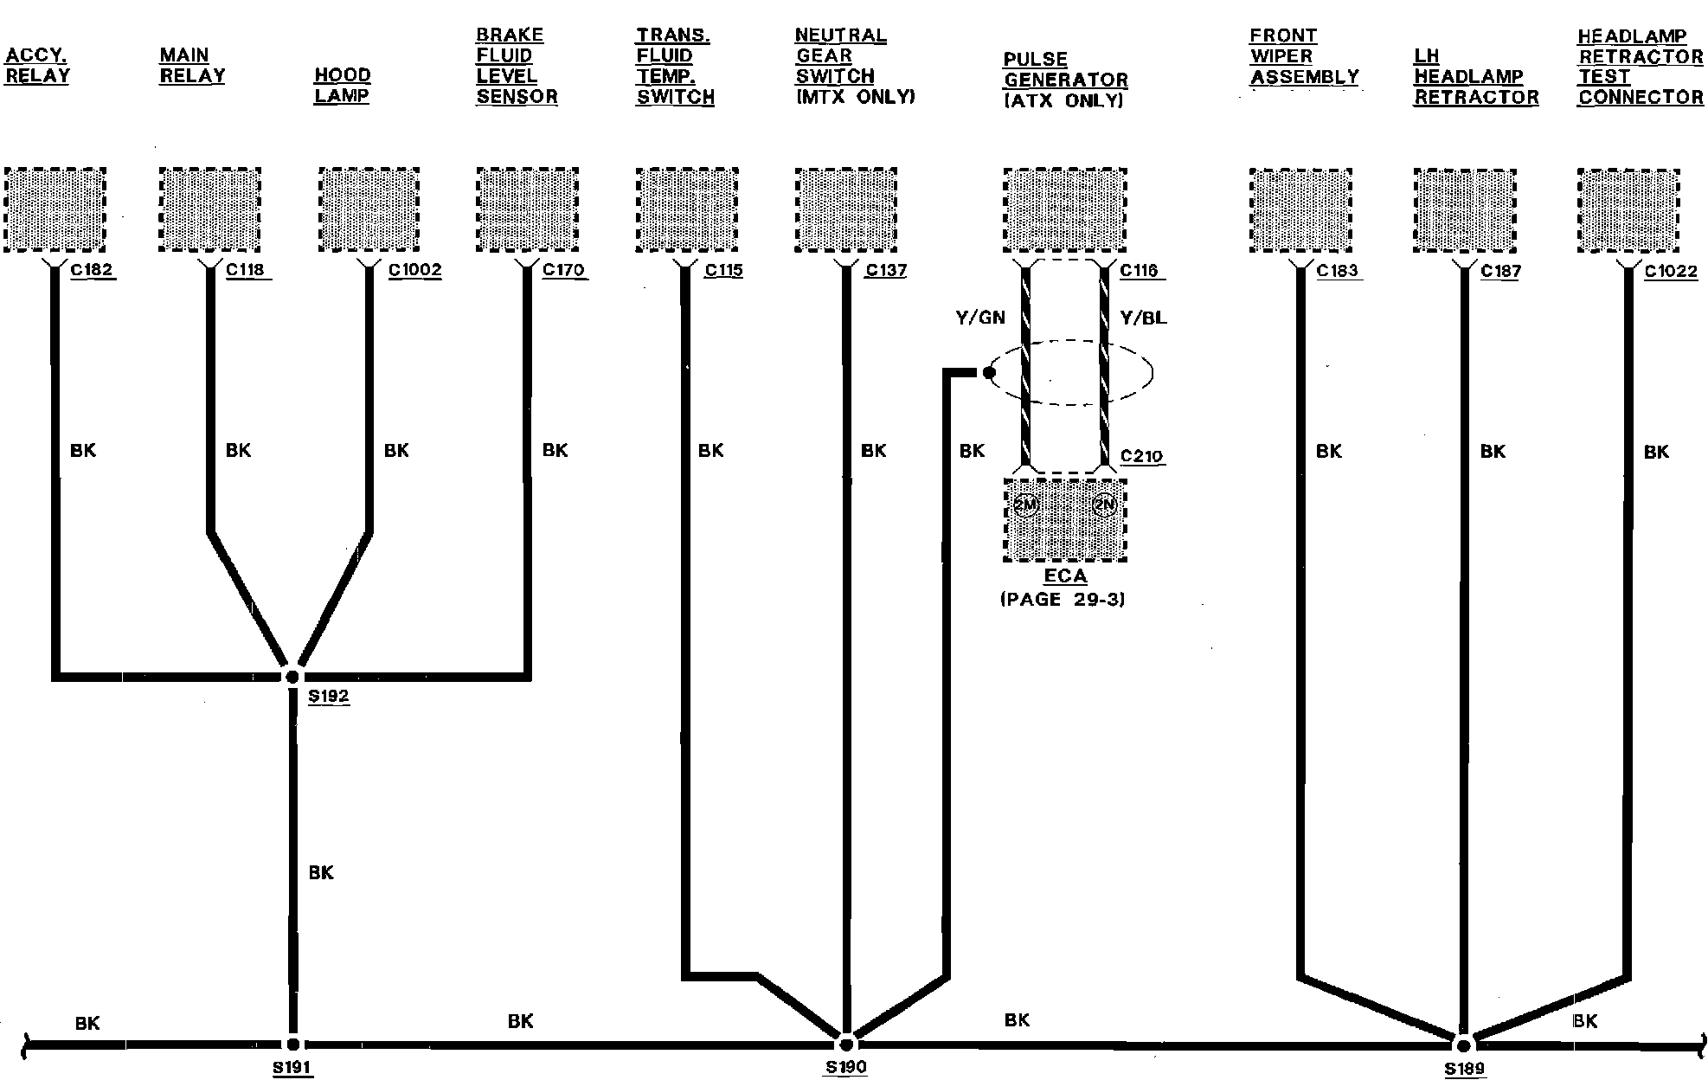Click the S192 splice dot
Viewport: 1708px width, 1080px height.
tap(292, 677)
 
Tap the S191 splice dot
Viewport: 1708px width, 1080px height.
tap(292, 1045)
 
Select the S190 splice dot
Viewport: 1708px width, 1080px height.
tap(846, 1043)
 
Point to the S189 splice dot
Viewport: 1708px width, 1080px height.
tap(1463, 1045)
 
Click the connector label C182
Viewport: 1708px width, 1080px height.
tap(92, 270)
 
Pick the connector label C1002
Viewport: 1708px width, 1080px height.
tap(414, 270)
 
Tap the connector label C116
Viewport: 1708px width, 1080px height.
tap(1139, 271)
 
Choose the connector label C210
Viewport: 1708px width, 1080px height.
tap(1141, 456)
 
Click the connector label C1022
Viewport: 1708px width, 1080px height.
tap(1671, 272)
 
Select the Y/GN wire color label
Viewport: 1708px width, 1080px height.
tap(980, 318)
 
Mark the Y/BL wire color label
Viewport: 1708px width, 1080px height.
tap(1143, 318)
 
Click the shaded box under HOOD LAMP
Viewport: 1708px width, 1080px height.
tap(369, 210)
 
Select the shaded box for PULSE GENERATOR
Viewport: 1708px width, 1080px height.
tap(1065, 210)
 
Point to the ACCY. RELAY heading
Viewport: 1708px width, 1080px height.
tap(37, 66)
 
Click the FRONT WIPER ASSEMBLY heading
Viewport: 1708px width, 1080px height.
tap(1303, 56)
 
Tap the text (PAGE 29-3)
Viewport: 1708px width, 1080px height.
tap(1063, 600)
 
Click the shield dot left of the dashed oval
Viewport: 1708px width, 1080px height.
tap(989, 373)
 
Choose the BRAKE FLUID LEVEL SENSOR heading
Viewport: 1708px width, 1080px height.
tap(516, 66)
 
